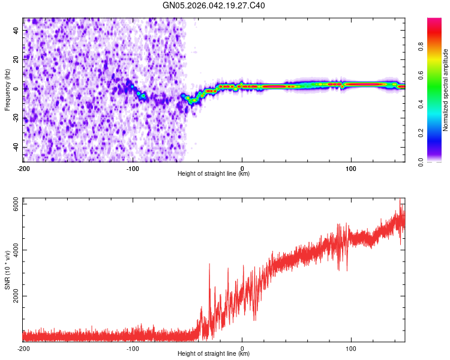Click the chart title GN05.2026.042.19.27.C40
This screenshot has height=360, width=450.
[x=214, y=6]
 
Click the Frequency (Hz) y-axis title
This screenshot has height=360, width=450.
[x=7, y=90]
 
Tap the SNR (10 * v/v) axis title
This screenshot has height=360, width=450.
[x=7, y=269]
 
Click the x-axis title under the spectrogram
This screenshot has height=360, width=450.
[x=214, y=174]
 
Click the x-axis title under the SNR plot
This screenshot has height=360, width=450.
[x=214, y=354]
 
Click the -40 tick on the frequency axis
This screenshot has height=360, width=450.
[x=15, y=148]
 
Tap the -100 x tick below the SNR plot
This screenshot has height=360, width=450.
[x=133, y=347]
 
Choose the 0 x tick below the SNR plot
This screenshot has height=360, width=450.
[x=242, y=347]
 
